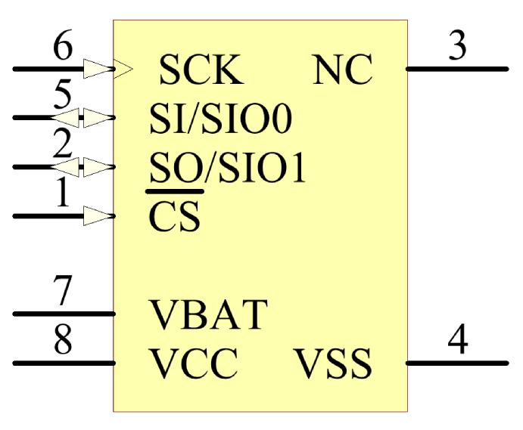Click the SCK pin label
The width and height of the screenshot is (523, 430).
click(x=201, y=70)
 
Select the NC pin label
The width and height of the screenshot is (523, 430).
click(x=342, y=70)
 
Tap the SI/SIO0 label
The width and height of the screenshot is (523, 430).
click(x=220, y=119)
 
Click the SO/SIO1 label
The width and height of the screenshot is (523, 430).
click(x=226, y=170)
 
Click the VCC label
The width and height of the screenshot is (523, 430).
click(x=195, y=365)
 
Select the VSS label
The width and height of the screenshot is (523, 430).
click(x=333, y=365)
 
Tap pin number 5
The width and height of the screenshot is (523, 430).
click(x=64, y=96)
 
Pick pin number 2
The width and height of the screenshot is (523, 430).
click(x=64, y=145)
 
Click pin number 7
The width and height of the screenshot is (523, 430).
click(x=64, y=292)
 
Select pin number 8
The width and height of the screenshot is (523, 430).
click(x=64, y=341)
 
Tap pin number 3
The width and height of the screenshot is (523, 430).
click(x=456, y=47)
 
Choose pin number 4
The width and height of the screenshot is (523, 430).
click(x=456, y=341)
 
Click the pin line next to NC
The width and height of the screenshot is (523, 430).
click(x=457, y=69)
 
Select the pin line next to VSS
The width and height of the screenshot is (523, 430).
click(x=457, y=363)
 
